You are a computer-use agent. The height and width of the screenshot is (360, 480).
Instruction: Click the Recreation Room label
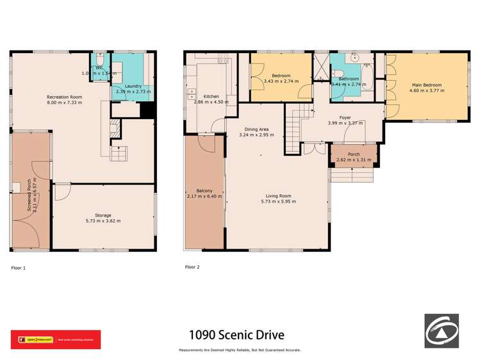(x=64, y=97)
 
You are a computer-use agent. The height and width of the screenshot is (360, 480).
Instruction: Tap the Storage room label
(x=103, y=215)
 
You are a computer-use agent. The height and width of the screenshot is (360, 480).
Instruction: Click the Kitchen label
(x=203, y=96)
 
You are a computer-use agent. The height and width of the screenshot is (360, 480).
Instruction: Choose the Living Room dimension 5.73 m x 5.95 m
(x=277, y=202)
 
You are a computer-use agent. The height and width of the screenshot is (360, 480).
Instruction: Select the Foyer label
(x=345, y=117)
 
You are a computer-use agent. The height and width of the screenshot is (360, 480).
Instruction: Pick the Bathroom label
(x=349, y=79)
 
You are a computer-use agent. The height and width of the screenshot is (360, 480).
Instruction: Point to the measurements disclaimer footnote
(x=240, y=350)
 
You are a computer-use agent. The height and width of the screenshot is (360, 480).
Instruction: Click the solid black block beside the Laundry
(x=147, y=110)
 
